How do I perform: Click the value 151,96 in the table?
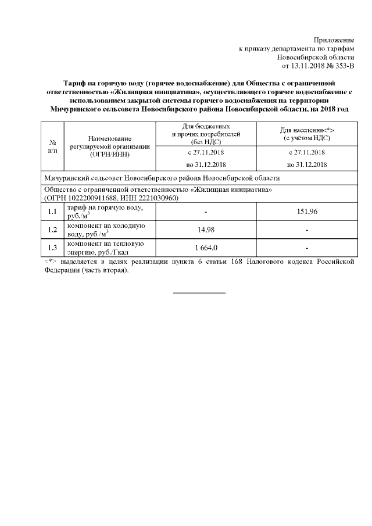[x=306, y=212]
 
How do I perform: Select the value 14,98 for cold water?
[x=206, y=230]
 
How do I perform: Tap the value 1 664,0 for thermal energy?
[x=206, y=248]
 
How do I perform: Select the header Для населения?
[x=306, y=131]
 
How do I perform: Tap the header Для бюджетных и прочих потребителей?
[x=206, y=133]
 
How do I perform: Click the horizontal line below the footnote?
[x=199, y=292]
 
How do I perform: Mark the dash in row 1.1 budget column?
[x=206, y=212]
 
